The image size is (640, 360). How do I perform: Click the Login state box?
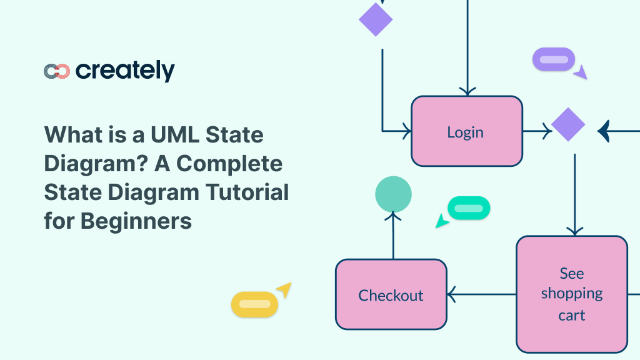click(x=466, y=131)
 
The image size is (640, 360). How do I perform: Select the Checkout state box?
click(x=391, y=294)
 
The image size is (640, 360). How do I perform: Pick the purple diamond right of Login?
click(x=568, y=125)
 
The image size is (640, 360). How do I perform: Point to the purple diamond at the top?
click(x=376, y=19)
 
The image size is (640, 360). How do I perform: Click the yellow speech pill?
click(x=254, y=304)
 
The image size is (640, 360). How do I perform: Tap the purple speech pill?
click(x=553, y=60)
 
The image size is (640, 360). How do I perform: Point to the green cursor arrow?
click(x=442, y=221)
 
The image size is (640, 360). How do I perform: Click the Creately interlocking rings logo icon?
click(x=56, y=71)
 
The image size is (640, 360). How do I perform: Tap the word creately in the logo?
click(x=125, y=71)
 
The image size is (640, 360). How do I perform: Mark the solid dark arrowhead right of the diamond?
click(x=603, y=131)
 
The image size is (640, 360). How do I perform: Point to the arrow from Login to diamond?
click(x=537, y=131)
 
